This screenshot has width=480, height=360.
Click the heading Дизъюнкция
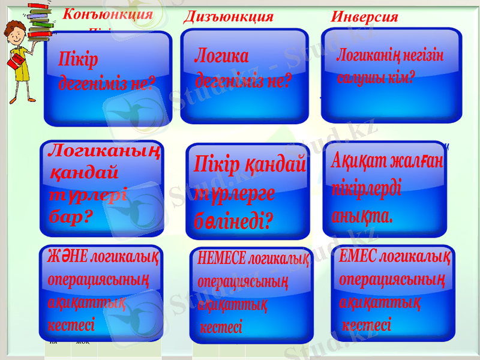click(x=228, y=16)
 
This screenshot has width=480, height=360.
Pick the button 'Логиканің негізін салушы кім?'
click(x=391, y=72)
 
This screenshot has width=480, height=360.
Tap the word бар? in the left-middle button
click(x=71, y=217)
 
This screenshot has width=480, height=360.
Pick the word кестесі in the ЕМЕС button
click(x=367, y=326)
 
